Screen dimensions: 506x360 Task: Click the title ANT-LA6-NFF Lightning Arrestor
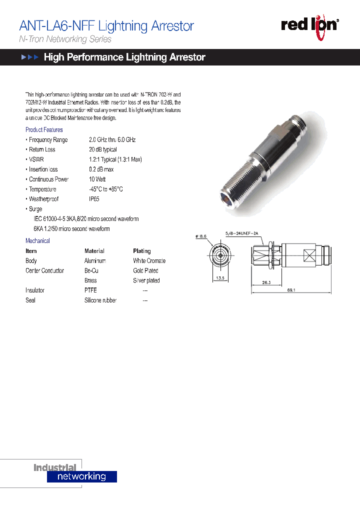106,26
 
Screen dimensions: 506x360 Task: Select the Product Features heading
44,130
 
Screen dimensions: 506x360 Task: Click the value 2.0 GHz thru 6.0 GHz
112,140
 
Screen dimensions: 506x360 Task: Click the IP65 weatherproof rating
94,199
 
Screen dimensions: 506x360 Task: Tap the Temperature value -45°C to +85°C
105,189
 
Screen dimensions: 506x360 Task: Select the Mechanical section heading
37,241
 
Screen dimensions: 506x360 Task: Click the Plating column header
141,251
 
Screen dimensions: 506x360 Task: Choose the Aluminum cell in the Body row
95,261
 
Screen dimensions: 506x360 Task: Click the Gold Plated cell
145,271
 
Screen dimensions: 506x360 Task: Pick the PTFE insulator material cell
90,290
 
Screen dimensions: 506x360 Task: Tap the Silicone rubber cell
100,300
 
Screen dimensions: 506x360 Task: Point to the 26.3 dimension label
266,282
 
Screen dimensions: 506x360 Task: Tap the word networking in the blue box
81,476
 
